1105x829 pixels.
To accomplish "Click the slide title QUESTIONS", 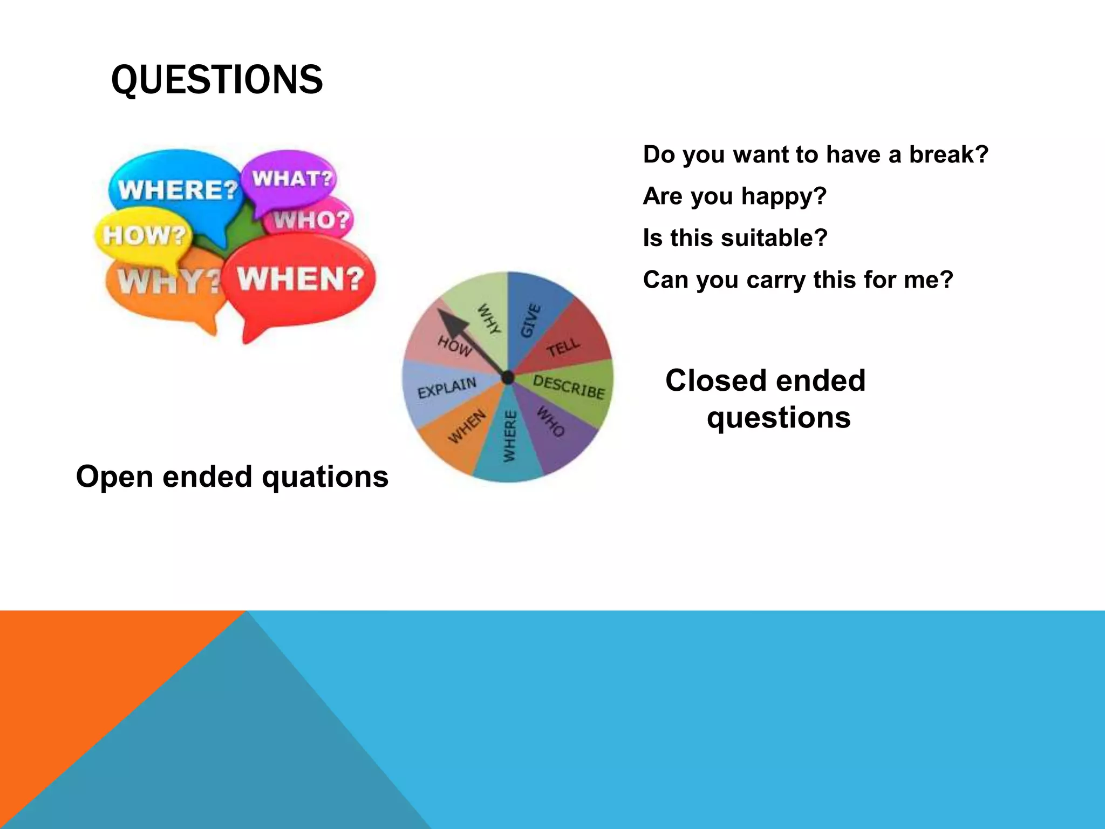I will click(216, 80).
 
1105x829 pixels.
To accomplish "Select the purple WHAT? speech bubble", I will click(291, 179).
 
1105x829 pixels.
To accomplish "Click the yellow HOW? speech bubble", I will click(144, 235).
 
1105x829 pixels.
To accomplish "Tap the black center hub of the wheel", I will click(508, 378).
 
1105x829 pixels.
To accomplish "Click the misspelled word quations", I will click(325, 477).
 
